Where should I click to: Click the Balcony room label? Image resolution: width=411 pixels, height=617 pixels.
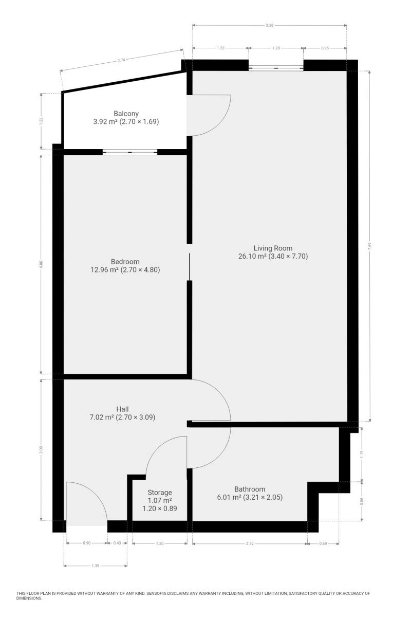pyautogui.click(x=126, y=114)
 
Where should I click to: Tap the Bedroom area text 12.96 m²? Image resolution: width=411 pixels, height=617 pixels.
pyautogui.click(x=105, y=269)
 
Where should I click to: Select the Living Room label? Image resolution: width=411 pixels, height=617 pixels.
pyautogui.click(x=273, y=248)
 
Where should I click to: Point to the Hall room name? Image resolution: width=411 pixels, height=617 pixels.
pyautogui.click(x=122, y=409)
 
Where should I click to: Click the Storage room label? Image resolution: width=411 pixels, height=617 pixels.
pyautogui.click(x=160, y=492)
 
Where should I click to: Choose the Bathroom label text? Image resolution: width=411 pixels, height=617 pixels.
pyautogui.click(x=250, y=489)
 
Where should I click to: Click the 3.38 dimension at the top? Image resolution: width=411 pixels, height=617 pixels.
pyautogui.click(x=269, y=25)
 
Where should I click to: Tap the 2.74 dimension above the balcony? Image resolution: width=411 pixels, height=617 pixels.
pyautogui.click(x=121, y=60)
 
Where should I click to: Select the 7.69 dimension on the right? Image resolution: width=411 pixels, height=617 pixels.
pyautogui.click(x=370, y=246)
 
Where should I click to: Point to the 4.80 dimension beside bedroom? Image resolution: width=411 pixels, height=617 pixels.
pyautogui.click(x=41, y=264)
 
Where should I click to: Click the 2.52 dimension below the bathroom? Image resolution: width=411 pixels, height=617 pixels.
pyautogui.click(x=250, y=543)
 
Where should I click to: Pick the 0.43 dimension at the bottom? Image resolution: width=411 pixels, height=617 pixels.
pyautogui.click(x=117, y=543)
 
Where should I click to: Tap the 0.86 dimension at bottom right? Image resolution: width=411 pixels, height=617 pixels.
pyautogui.click(x=362, y=501)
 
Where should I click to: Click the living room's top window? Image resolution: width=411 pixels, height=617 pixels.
pyautogui.click(x=276, y=67)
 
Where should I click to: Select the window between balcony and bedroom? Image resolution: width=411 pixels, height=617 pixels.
pyautogui.click(x=130, y=152)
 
